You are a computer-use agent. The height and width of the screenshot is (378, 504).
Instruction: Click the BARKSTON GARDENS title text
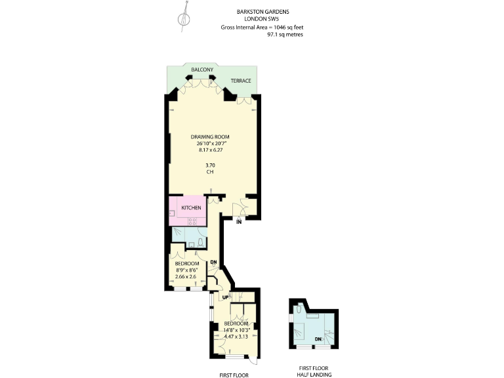pyautogui.click(x=262, y=12)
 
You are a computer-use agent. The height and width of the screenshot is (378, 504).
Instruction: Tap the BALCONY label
pyautogui.click(x=201, y=69)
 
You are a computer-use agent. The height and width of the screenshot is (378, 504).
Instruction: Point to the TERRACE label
pyautogui.click(x=240, y=81)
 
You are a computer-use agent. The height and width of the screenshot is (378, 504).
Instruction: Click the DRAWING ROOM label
pyautogui.click(x=211, y=136)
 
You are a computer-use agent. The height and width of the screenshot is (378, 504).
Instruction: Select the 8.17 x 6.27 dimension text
pyautogui.click(x=211, y=150)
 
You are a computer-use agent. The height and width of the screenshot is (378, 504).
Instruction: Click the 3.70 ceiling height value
pyautogui.click(x=211, y=165)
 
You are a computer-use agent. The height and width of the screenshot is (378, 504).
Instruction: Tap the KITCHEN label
pyautogui.click(x=191, y=208)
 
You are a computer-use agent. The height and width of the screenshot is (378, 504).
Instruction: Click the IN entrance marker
pyautogui.click(x=240, y=222)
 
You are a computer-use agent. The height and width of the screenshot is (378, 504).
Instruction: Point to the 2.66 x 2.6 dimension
pyautogui.click(x=186, y=277)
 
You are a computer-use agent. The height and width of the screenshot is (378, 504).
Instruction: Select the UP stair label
pyautogui.click(x=225, y=297)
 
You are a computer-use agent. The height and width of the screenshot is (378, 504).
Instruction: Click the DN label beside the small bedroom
pyautogui.click(x=213, y=263)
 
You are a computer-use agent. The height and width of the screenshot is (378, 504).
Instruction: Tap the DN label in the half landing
pyautogui.click(x=318, y=339)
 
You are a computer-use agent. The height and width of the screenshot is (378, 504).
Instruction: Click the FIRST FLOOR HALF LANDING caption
pyautogui.click(x=313, y=371)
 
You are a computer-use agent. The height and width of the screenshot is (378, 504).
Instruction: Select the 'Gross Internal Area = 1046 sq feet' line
pyautogui.click(x=262, y=27)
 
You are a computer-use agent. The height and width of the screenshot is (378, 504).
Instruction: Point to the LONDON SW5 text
pyautogui.click(x=262, y=19)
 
